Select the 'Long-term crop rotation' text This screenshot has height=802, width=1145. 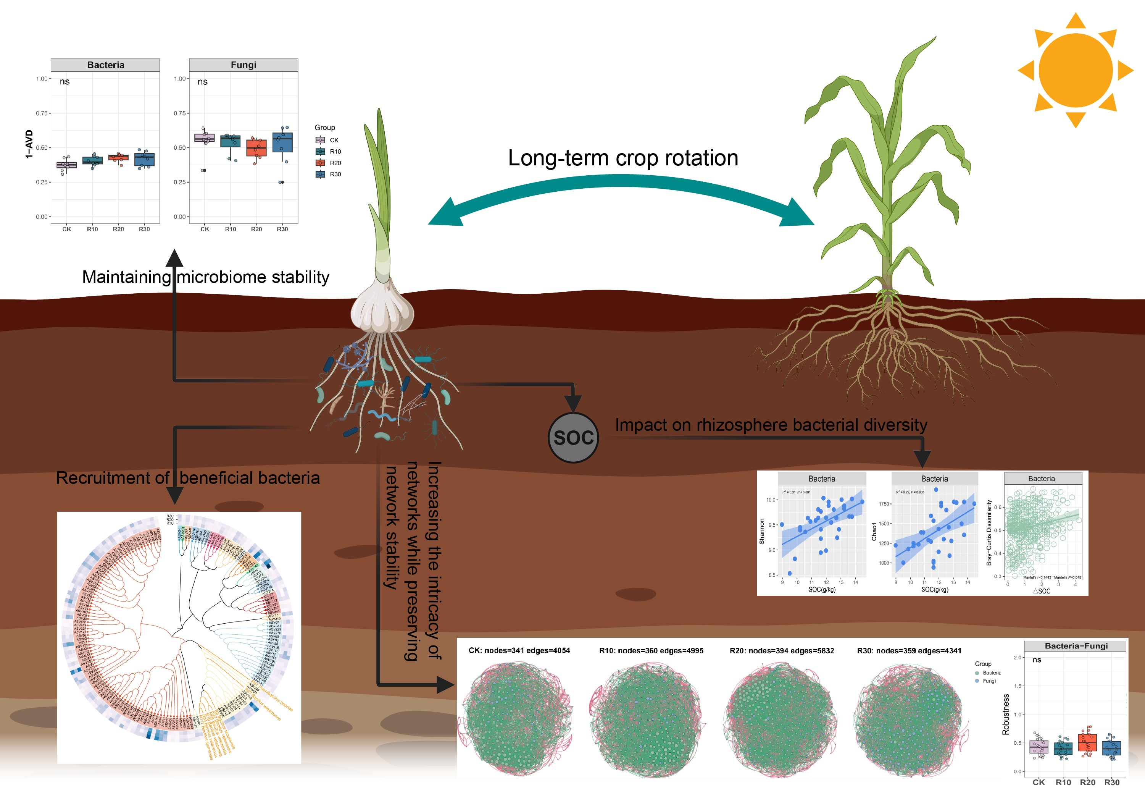(623, 158)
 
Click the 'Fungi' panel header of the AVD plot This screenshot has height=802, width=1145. (244, 65)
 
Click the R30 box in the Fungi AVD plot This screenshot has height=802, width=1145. (282, 142)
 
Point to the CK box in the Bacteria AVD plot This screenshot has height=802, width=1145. (66, 165)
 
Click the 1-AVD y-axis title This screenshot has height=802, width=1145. (29, 144)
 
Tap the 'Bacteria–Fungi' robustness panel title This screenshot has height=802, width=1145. (1076, 646)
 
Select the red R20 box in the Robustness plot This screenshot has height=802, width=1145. (1087, 742)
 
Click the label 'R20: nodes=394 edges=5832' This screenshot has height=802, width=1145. (781, 650)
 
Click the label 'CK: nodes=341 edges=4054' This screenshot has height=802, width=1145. (519, 650)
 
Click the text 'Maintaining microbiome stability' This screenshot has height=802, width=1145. (205, 277)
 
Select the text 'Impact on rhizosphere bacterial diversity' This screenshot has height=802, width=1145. (771, 425)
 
